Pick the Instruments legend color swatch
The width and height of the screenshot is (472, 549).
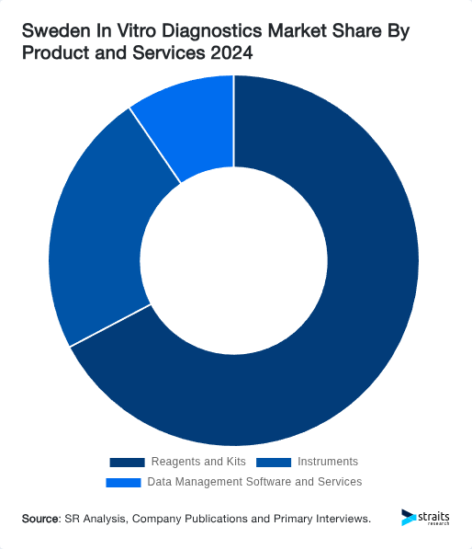click(x=274, y=462)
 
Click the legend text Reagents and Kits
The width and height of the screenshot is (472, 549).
click(x=198, y=462)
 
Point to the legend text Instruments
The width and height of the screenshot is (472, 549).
click(x=328, y=462)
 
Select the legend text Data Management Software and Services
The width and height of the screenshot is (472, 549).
click(x=254, y=482)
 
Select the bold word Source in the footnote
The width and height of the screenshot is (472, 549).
click(x=40, y=520)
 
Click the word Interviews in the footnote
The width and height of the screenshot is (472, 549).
click(x=340, y=520)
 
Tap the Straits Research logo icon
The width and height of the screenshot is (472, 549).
click(x=409, y=519)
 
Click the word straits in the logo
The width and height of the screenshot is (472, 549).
click(x=434, y=516)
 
